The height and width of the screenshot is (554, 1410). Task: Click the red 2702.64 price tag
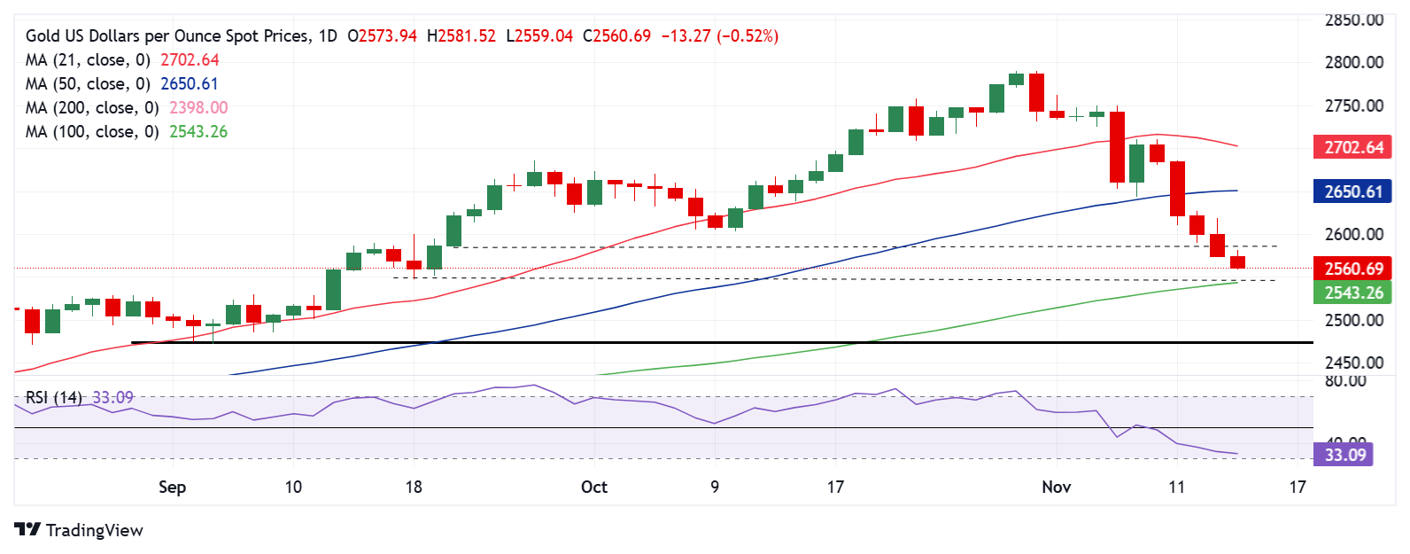pyautogui.click(x=1352, y=147)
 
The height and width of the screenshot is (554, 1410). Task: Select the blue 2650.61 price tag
pyautogui.click(x=1352, y=191)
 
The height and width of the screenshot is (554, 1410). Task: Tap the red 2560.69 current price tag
pyautogui.click(x=1352, y=269)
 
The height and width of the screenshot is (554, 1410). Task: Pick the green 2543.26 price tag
pyautogui.click(x=1352, y=293)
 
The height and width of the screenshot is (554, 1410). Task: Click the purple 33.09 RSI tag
pyautogui.click(x=1344, y=455)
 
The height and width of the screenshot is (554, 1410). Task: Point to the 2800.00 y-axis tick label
pyautogui.click(x=1353, y=62)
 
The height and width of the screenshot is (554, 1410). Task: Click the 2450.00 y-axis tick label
pyautogui.click(x=1353, y=363)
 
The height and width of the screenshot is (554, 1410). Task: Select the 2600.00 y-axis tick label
pyautogui.click(x=1353, y=234)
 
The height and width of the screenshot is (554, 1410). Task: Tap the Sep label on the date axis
pyautogui.click(x=172, y=487)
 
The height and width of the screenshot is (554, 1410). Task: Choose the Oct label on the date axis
pyautogui.click(x=594, y=487)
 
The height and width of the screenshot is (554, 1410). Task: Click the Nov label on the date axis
pyautogui.click(x=1056, y=487)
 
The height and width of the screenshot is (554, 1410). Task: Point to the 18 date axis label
pyautogui.click(x=414, y=487)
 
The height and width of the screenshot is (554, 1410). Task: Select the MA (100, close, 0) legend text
pyautogui.click(x=92, y=131)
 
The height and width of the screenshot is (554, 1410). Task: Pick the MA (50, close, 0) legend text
pyautogui.click(x=88, y=83)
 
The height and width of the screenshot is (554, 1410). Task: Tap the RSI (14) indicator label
pyautogui.click(x=53, y=397)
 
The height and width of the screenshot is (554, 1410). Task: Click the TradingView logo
pyautogui.click(x=78, y=530)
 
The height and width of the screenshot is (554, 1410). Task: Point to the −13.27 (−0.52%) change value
pyautogui.click(x=719, y=36)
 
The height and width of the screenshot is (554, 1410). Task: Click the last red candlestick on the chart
pyautogui.click(x=1237, y=261)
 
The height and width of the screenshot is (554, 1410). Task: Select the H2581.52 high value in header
pyautogui.click(x=461, y=36)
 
